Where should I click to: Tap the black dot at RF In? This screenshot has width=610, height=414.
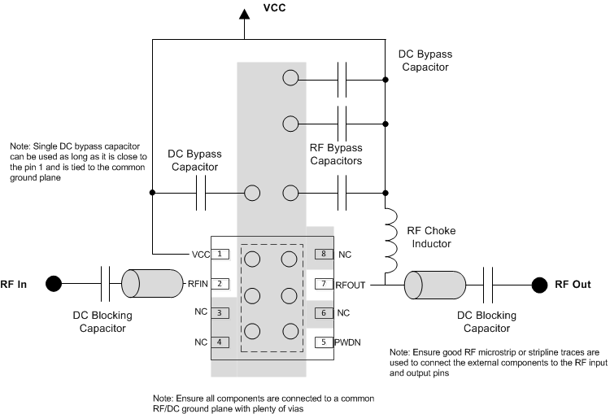53,284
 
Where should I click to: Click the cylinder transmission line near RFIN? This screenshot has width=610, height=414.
151,283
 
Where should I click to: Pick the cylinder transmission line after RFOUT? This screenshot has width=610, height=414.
435,284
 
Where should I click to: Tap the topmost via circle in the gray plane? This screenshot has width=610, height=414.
290,79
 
